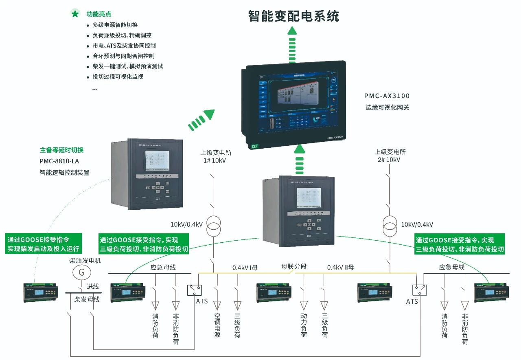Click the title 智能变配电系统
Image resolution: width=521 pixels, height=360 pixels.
click(x=293, y=16)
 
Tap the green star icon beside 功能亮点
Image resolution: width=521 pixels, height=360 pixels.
click(x=75, y=13)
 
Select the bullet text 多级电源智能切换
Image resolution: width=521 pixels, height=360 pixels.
click(x=115, y=25)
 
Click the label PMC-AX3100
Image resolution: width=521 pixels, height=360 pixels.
click(x=387, y=96)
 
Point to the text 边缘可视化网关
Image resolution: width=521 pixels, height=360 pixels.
click(x=387, y=108)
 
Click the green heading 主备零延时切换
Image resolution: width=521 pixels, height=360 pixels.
click(x=61, y=150)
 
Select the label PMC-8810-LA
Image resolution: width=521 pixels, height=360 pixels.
click(x=59, y=161)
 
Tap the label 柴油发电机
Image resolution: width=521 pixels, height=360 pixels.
click(x=85, y=260)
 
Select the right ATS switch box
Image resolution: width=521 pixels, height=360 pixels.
click(x=420, y=290)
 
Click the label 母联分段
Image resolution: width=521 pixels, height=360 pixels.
click(x=293, y=267)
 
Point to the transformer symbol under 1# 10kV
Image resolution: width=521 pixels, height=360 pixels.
click(x=213, y=226)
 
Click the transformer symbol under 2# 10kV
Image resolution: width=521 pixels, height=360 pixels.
click(x=390, y=226)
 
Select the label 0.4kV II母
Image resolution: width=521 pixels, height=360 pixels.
click(x=340, y=268)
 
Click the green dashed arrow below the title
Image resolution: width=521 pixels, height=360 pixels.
click(x=292, y=45)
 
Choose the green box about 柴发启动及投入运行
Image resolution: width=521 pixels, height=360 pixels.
click(x=44, y=244)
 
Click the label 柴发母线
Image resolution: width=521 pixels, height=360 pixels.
click(x=87, y=299)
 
